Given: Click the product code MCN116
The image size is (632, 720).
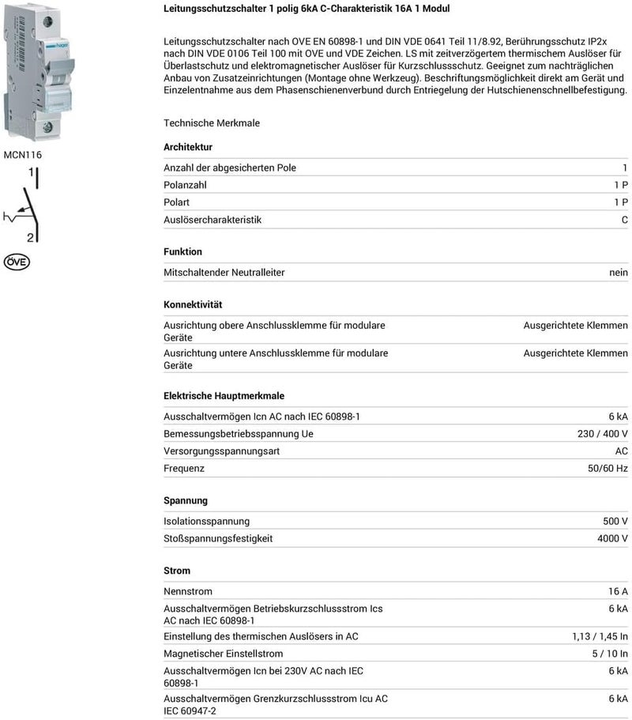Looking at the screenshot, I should (x=23, y=155).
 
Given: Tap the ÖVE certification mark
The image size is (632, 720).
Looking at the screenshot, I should (x=17, y=262).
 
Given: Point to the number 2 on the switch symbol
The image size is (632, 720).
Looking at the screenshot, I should (x=30, y=237).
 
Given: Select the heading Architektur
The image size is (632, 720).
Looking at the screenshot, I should (x=187, y=147).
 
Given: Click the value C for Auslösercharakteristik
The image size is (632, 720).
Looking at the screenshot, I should (x=624, y=220).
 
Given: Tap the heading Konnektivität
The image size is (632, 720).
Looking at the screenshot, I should (x=193, y=304).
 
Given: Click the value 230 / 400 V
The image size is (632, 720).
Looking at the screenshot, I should (x=603, y=434).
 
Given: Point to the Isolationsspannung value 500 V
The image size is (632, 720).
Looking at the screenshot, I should (x=615, y=521).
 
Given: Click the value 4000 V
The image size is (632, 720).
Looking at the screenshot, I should (x=612, y=538).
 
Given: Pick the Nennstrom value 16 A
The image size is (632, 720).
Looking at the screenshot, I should (x=617, y=591).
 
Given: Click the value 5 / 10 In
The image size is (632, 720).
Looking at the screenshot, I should (x=610, y=654).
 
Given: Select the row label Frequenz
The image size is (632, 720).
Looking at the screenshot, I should (x=184, y=469).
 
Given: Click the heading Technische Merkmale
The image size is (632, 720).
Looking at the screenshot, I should (x=212, y=123).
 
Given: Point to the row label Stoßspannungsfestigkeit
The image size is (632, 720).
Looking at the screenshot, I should (x=218, y=538).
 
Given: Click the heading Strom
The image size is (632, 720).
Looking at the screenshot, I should (x=177, y=571).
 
